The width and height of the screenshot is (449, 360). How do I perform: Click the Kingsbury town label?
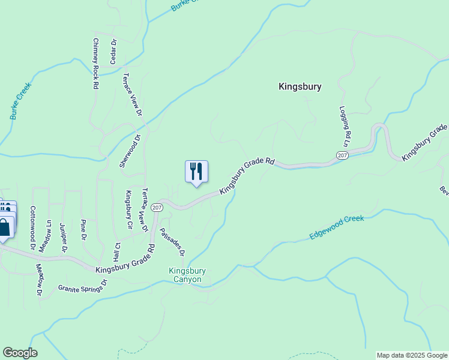[x=300, y=86]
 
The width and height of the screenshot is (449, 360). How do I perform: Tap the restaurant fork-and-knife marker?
[x=196, y=172]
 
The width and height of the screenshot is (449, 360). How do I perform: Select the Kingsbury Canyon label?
[x=187, y=275]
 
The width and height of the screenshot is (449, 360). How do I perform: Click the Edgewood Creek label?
[x=337, y=228]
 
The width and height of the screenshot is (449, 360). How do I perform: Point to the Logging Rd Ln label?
[x=345, y=127]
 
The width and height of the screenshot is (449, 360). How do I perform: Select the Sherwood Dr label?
[x=130, y=151]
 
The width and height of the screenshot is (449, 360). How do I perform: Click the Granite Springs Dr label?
[x=82, y=285]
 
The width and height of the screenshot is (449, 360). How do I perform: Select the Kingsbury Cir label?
[x=128, y=210]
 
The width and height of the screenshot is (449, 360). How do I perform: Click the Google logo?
[x=20, y=353]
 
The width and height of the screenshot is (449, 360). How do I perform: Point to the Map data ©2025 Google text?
[x=411, y=355]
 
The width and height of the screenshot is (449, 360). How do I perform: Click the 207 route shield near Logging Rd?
[x=342, y=155]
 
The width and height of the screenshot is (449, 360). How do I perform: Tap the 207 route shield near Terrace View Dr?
[x=157, y=207]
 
